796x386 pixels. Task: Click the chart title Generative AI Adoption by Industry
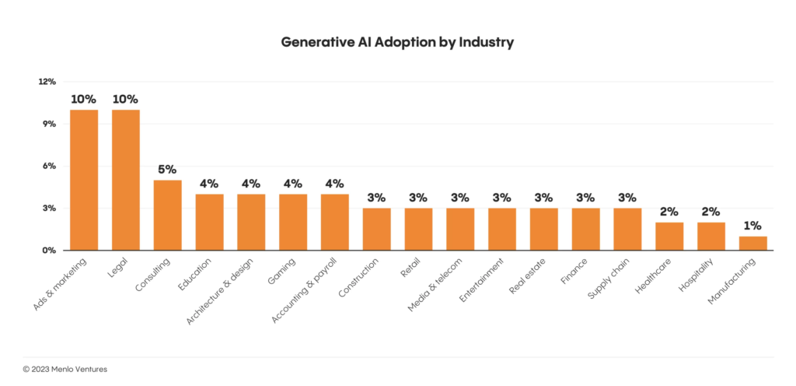(397, 42)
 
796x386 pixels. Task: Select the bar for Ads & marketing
(84, 180)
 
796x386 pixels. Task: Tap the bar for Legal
(126, 180)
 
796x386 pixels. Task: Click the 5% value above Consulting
(167, 169)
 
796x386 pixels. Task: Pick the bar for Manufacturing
(752, 243)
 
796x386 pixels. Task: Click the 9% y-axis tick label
(49, 124)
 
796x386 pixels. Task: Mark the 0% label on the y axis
(49, 251)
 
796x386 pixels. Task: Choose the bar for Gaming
(293, 222)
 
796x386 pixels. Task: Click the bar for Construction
(376, 229)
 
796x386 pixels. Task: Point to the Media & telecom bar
(460, 229)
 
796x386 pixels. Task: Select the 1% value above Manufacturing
(752, 225)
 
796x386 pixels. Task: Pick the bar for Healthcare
(669, 236)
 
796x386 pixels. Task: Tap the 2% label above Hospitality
(710, 211)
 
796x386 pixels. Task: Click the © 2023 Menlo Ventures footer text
(65, 369)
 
